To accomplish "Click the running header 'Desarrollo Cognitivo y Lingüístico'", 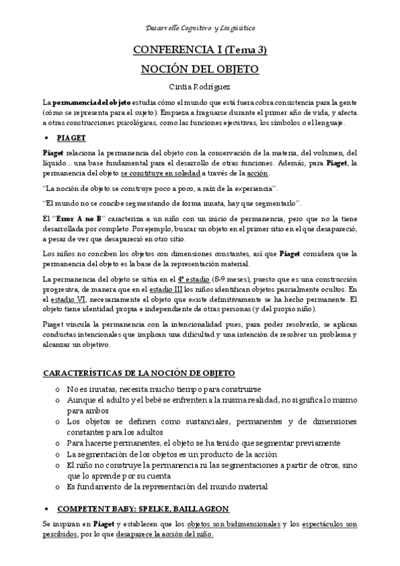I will click(x=200, y=28).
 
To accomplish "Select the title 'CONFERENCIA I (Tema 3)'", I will click(x=200, y=51).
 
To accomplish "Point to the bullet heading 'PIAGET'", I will click(x=71, y=138).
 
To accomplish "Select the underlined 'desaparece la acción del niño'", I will click(x=164, y=535).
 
